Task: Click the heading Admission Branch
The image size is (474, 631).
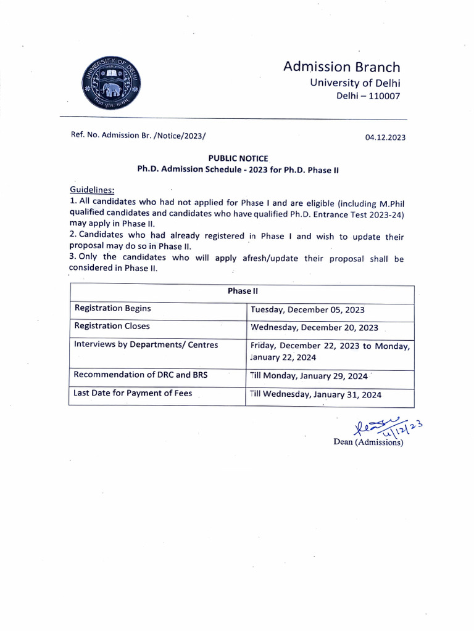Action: click(341, 67)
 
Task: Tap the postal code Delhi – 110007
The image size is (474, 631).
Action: click(368, 96)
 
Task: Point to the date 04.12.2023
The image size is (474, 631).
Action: click(385, 137)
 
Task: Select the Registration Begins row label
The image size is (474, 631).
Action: click(112, 308)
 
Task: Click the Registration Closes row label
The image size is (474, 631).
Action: click(112, 326)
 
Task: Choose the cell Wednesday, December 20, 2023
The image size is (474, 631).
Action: click(314, 328)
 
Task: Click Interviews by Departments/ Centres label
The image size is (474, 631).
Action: click(146, 345)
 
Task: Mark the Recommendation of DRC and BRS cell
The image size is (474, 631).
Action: click(141, 374)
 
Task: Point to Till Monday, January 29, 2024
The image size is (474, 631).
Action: click(309, 376)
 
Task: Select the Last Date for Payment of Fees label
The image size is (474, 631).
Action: click(133, 393)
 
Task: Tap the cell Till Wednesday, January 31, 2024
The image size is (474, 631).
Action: click(315, 394)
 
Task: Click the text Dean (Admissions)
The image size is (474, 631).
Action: click(368, 442)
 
